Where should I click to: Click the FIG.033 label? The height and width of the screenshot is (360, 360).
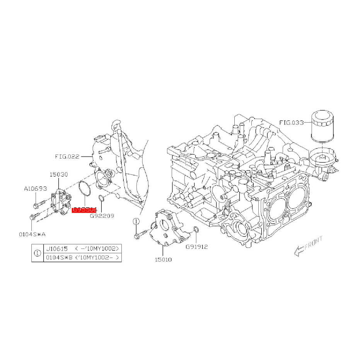tap(292, 123)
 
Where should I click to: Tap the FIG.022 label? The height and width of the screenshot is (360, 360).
tap(67, 157)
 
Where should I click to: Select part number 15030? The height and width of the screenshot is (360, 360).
tap(58, 174)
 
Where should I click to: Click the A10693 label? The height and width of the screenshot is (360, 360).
tap(35, 189)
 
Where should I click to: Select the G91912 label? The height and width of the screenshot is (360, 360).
tap(196, 246)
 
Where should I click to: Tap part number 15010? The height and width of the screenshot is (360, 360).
tap(163, 259)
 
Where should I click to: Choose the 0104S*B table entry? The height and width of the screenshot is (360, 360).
tap(56, 257)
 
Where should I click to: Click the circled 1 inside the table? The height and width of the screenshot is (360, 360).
tap(38, 253)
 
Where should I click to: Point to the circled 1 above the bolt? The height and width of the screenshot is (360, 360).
tap(136, 221)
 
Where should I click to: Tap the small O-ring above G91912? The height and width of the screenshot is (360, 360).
tap(196, 230)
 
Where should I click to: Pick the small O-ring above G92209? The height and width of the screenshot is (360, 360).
tap(101, 199)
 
